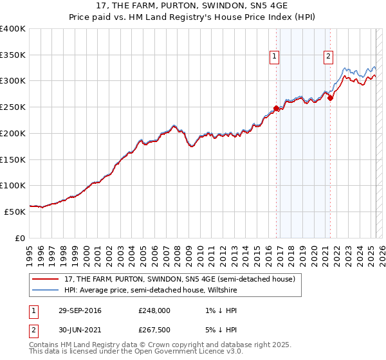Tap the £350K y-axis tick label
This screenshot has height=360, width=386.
(x=13, y=55)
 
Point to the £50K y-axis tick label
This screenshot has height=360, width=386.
(x=15, y=212)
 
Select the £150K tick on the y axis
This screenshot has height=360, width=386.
(x=13, y=159)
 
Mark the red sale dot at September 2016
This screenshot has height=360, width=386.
(x=276, y=109)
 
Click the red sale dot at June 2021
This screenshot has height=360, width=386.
(x=330, y=98)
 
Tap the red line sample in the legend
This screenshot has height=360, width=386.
(x=46, y=279)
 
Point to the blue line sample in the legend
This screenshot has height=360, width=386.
(x=46, y=290)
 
